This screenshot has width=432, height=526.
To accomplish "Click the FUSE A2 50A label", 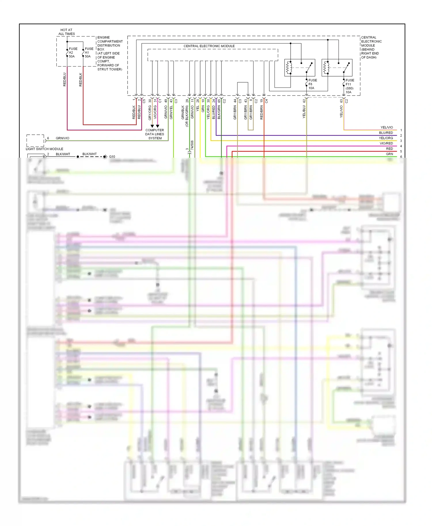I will click(x=73, y=53).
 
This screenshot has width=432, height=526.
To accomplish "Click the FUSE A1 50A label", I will click(x=89, y=53).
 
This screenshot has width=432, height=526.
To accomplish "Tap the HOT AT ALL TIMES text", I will click(x=67, y=32).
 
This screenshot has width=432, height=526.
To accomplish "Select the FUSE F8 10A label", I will click(x=312, y=84).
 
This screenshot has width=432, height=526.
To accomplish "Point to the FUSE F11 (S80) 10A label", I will click(x=350, y=86).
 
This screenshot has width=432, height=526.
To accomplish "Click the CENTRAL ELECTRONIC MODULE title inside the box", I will click(x=209, y=46).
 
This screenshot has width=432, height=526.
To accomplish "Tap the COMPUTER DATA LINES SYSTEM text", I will click(x=155, y=134).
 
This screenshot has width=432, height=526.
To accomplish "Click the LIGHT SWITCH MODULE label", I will click(x=44, y=149).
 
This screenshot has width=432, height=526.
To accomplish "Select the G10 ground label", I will click(x=112, y=157).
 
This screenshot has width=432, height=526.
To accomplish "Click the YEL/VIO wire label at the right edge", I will click(x=386, y=127).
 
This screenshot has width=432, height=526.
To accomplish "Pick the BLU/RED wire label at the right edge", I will click(x=386, y=133).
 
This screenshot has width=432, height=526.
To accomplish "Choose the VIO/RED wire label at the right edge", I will click(x=386, y=143).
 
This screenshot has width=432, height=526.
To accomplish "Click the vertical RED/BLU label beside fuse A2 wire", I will click(x=65, y=79).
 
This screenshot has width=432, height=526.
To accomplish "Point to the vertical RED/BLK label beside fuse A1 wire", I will click(x=81, y=79).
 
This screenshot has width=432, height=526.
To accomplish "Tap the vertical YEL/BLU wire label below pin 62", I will click(x=304, y=112).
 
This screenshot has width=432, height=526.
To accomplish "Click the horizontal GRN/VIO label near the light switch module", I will click(x=62, y=138).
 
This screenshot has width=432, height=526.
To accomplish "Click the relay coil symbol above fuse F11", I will click(x=326, y=68).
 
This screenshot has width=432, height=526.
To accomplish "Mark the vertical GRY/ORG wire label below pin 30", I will click(x=150, y=113).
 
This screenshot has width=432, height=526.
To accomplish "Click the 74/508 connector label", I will click(x=192, y=145).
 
